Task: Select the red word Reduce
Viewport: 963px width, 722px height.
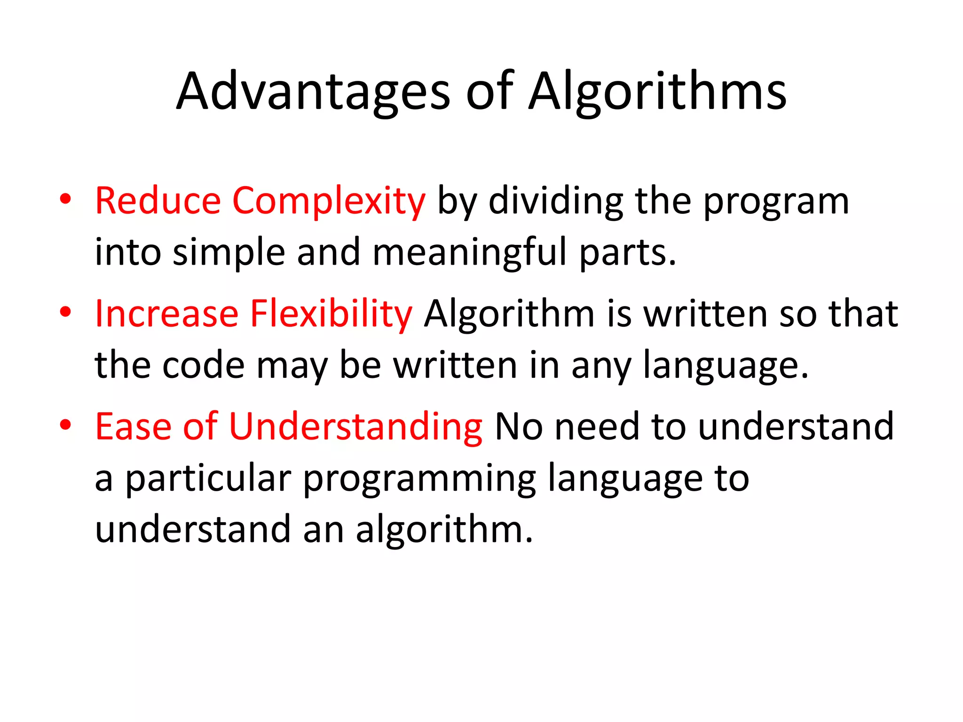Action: click(x=158, y=201)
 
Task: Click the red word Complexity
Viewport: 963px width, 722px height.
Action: click(x=329, y=201)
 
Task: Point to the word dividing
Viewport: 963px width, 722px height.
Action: click(x=556, y=201)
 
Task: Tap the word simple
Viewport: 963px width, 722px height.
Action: click(x=229, y=253)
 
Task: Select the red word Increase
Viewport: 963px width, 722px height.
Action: click(x=167, y=314)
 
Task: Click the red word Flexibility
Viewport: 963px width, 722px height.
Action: click(x=331, y=314)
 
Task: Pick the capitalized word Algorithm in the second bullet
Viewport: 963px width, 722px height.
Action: click(x=509, y=314)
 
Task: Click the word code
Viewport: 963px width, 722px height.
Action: click(x=203, y=366)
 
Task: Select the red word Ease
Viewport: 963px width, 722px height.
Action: click(x=133, y=427)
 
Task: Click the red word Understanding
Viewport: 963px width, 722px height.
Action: click(x=355, y=427)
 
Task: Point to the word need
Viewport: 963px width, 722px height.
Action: click(x=597, y=427)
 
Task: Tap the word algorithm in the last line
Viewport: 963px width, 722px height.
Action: click(x=444, y=530)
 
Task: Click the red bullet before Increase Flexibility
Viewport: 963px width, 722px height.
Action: click(x=65, y=312)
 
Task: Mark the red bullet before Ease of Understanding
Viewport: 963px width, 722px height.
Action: click(x=65, y=425)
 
